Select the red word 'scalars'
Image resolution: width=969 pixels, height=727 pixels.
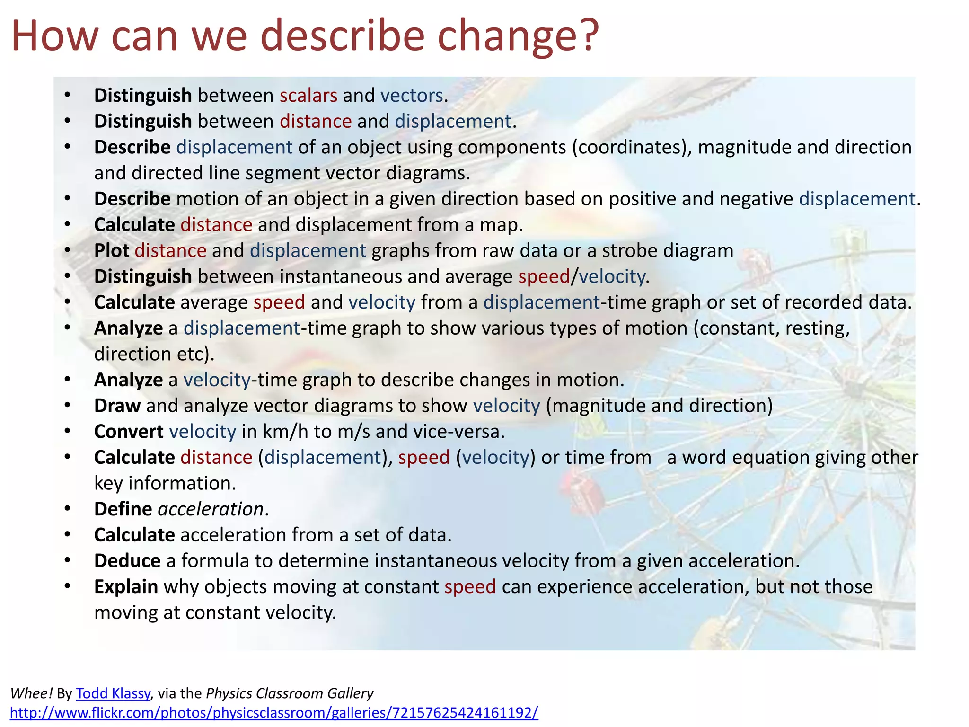[308, 96]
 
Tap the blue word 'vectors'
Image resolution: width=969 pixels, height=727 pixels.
[411, 96]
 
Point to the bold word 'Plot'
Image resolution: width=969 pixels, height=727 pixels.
[111, 251]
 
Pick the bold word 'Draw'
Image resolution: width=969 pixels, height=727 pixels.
[117, 406]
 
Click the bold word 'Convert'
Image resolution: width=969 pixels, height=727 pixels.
[129, 432]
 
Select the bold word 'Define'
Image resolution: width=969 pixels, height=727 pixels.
[123, 509]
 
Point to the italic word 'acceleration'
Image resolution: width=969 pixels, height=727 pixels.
[211, 509]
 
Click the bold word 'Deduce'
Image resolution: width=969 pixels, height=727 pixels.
[127, 561]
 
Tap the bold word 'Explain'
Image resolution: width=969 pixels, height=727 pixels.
[126, 587]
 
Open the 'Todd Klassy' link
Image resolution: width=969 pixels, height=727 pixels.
[113, 693]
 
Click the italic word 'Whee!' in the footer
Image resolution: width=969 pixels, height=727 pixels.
[31, 693]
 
